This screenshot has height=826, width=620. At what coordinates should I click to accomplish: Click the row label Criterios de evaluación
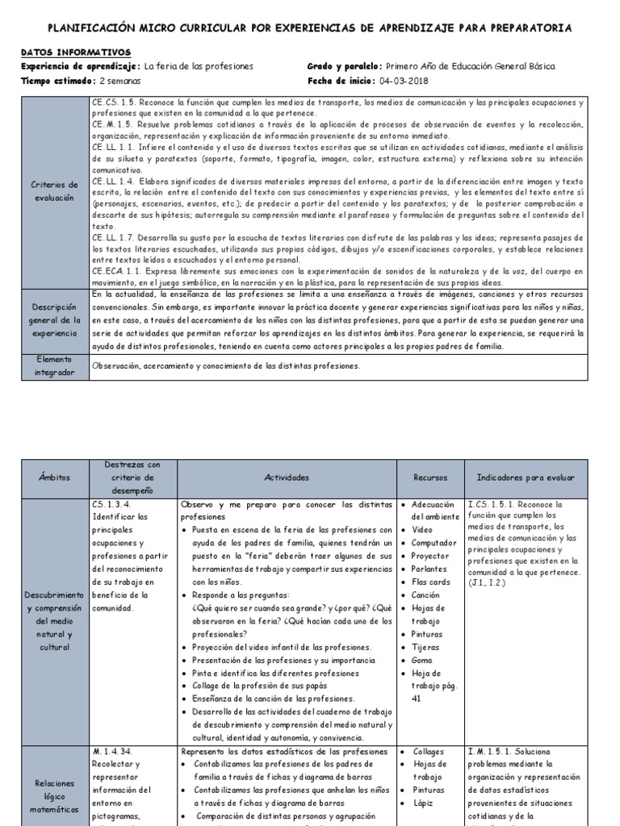[54, 191]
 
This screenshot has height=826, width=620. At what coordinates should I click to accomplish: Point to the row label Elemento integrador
[54, 365]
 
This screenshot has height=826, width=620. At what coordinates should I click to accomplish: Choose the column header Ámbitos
[54, 478]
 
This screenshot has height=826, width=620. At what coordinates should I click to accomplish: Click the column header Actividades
[286, 478]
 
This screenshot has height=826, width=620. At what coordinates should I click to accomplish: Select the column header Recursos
[429, 478]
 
